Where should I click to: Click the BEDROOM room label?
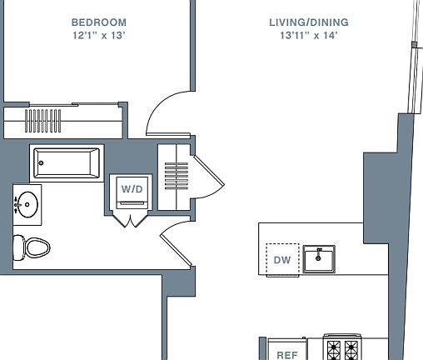(99, 22)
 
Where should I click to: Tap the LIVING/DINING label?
(309, 22)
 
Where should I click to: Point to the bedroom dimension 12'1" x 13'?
(99, 36)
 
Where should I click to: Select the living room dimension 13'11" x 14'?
(309, 36)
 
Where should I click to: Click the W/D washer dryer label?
(132, 189)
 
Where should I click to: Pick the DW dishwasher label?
(282, 260)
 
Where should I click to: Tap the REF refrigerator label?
(287, 355)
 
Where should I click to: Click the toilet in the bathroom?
(32, 247)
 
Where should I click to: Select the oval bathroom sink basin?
(27, 204)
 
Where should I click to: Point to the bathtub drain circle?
(41, 163)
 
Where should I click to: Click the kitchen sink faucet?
(319, 253)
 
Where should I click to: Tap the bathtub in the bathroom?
(67, 163)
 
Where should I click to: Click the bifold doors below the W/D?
(131, 220)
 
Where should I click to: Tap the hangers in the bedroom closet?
(42, 121)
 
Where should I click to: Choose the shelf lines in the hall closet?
(177, 176)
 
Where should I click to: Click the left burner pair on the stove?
(334, 351)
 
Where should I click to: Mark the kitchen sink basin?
(319, 259)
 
